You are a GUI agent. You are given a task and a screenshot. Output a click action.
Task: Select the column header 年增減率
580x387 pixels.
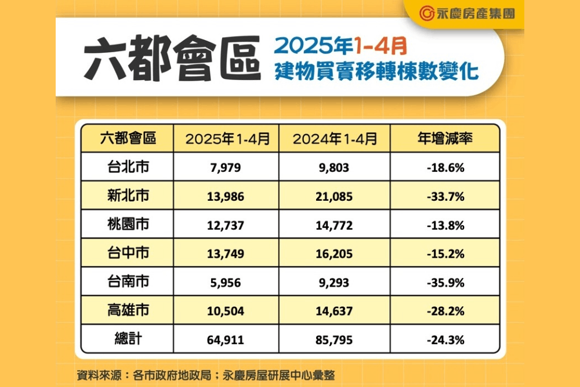(445, 139)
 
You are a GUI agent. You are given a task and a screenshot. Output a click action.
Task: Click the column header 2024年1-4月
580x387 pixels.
(335, 139)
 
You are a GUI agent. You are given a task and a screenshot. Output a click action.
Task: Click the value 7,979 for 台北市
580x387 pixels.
(226, 168)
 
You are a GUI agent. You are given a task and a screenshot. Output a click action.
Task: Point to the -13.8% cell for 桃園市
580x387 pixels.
(444, 225)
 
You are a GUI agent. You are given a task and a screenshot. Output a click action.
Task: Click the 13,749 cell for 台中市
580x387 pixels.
(226, 254)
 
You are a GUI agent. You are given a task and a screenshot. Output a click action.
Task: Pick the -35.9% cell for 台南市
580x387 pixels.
(444, 283)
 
